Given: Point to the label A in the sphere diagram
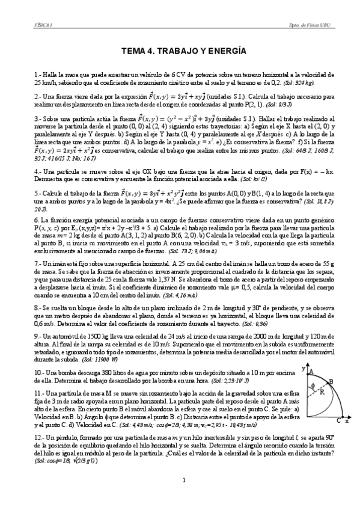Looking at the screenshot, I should (x=312, y=372).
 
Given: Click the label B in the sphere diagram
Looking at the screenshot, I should (x=331, y=381).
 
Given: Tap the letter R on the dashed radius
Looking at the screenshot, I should (x=323, y=392).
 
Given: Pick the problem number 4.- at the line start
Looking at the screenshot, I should (x=37, y=171).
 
